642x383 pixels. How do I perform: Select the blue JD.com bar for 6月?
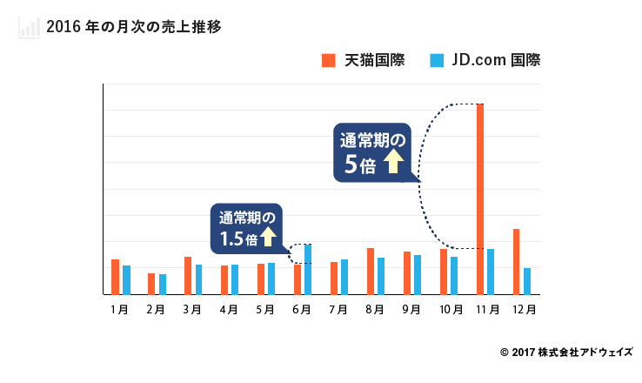pos(308,269)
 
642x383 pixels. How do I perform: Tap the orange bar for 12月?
pos(516,261)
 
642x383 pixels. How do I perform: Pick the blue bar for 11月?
pos(491,272)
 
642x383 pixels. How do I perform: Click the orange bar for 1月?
pos(115,277)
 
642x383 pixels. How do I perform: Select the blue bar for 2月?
pos(163,284)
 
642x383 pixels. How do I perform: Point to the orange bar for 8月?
pos(370,271)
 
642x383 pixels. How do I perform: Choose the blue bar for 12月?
pos(527,281)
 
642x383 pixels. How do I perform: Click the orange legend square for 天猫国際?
pos(328,60)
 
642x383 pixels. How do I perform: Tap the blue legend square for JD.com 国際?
pos(437,60)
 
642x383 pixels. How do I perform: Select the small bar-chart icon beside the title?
pos(29,27)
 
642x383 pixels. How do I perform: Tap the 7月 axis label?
pos(339,309)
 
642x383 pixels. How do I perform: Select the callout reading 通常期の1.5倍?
pos(247,227)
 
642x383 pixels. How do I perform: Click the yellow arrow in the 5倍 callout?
pos(392,162)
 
